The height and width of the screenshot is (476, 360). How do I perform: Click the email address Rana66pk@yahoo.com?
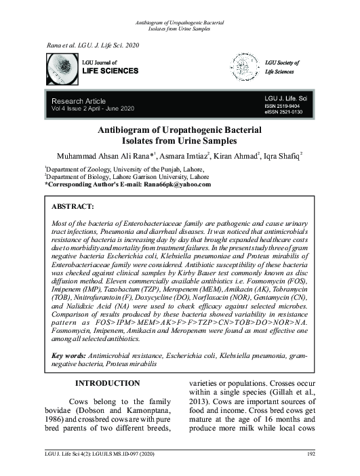(x=177, y=184)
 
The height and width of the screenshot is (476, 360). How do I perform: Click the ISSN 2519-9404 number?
(x=283, y=107)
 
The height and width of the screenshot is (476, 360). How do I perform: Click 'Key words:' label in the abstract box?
(x=72, y=356)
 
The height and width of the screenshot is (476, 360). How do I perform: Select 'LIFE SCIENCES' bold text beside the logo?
(x=109, y=71)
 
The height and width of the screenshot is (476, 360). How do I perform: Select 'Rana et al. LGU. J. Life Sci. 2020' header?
(x=94, y=44)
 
